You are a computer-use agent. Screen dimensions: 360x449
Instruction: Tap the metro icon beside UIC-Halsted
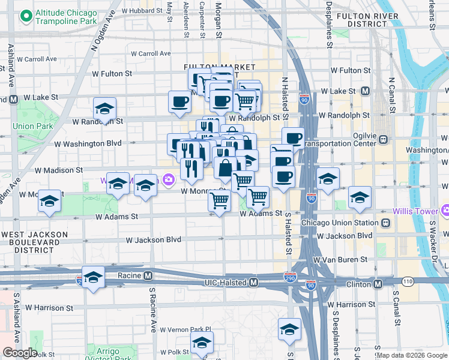click(x=254, y=282)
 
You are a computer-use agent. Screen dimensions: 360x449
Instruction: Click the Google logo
click(x=20, y=353)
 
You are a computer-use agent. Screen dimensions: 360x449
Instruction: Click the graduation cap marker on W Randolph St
click(x=104, y=109)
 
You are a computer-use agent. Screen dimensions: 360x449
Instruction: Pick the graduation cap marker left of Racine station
click(x=93, y=278)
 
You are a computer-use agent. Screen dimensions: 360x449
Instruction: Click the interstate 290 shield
click(x=290, y=277)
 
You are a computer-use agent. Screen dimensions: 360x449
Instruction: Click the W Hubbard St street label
click(x=142, y=11)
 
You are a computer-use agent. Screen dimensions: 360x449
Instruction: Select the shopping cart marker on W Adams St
click(x=219, y=201)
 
